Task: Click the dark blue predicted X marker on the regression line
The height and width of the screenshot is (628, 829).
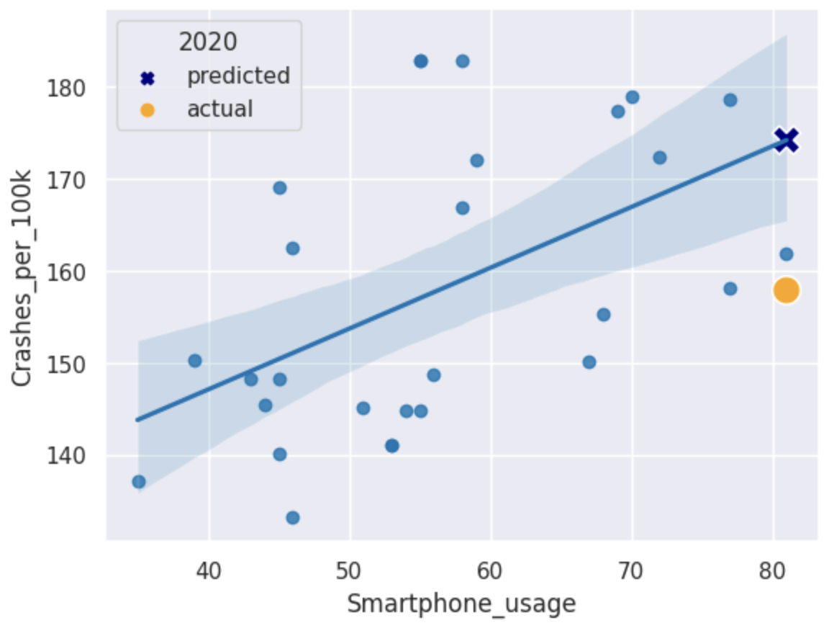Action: tap(786, 140)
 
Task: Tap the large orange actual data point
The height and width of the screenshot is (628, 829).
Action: tap(786, 290)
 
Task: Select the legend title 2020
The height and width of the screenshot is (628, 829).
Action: tap(207, 42)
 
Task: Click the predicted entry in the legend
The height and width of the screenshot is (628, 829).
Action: tap(238, 76)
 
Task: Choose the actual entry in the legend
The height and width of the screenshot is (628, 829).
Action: tap(219, 109)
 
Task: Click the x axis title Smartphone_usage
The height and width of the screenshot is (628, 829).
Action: tap(461, 604)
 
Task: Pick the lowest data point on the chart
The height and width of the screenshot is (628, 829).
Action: tap(293, 518)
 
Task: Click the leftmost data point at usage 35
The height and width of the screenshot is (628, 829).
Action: tap(139, 482)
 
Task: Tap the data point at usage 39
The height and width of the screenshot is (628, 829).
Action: tap(195, 361)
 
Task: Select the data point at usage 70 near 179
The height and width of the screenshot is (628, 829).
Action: tap(633, 97)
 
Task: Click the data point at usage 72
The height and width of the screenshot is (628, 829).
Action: tap(660, 158)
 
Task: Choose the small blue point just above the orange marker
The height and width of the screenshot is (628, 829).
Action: tap(787, 254)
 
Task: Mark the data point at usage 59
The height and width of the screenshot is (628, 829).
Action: tap(477, 161)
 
